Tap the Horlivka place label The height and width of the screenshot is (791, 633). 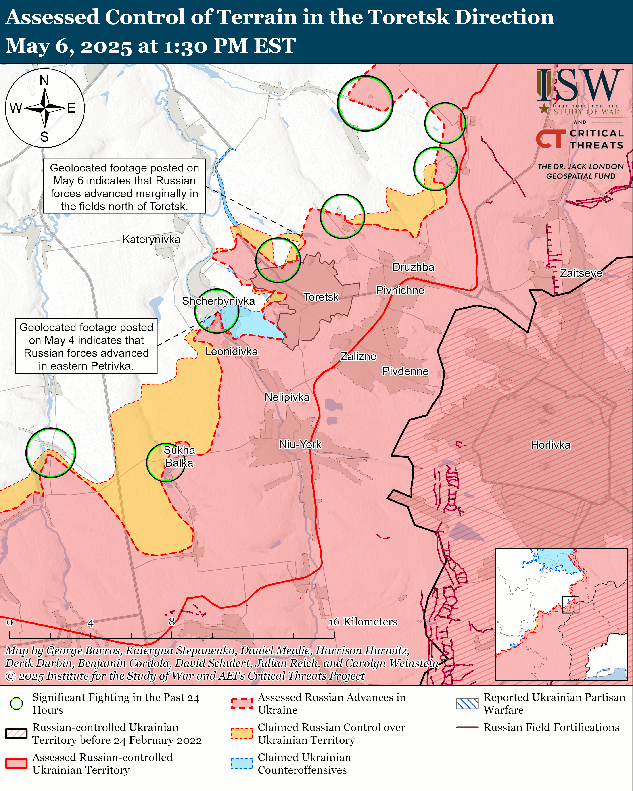[550, 445]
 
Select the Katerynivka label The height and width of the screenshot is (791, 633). [151, 240]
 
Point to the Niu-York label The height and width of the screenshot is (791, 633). [300, 445]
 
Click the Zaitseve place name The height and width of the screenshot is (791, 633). [581, 273]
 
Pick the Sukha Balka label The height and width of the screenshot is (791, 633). [179, 456]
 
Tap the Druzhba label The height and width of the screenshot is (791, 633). [413, 267]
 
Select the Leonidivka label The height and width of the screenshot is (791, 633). [231, 351]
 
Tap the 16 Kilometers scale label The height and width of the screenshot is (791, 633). [363, 622]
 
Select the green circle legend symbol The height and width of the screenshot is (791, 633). [17, 703]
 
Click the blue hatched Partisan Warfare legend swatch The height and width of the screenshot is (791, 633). [467, 703]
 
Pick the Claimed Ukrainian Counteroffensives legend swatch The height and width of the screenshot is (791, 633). [242, 764]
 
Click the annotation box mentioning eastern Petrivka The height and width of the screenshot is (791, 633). [86, 346]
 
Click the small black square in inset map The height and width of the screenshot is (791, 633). [571, 605]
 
